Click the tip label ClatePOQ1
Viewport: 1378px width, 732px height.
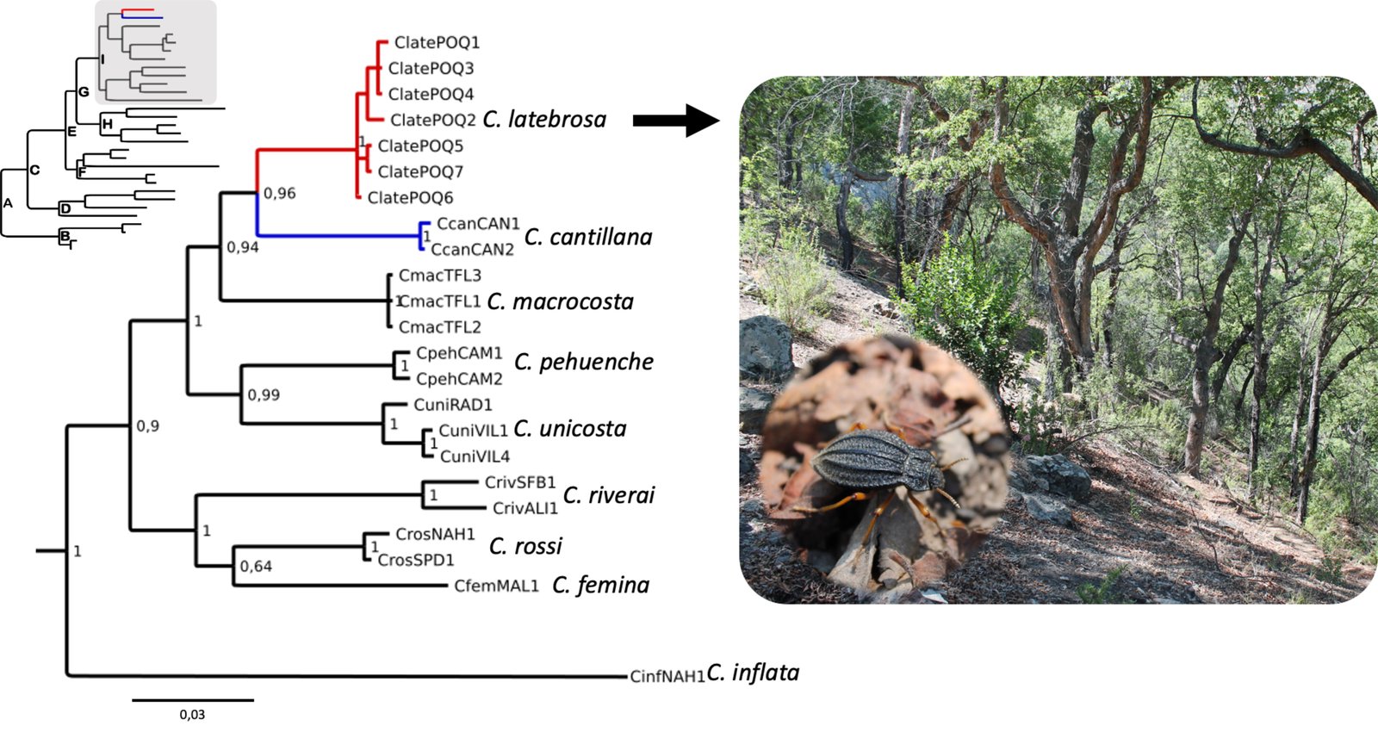437,42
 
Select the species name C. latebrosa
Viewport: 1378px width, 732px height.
544,119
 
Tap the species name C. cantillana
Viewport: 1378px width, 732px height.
588,237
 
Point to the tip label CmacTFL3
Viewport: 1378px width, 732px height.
439,276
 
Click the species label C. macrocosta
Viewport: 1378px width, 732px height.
560,301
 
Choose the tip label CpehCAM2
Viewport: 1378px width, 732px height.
459,379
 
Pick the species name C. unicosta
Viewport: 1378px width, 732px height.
570,429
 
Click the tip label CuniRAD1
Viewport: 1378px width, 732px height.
452,405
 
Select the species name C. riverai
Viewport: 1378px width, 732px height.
609,495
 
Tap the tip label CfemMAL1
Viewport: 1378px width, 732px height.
496,586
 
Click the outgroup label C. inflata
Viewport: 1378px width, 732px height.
753,673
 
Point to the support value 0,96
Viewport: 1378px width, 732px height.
280,193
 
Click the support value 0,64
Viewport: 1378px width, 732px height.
256,566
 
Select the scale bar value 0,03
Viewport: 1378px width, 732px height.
192,715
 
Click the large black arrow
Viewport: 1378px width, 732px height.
675,121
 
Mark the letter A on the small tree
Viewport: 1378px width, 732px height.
9,203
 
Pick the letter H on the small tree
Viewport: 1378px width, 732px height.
107,125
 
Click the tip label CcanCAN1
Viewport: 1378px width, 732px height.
478,224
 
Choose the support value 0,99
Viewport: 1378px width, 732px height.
264,395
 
